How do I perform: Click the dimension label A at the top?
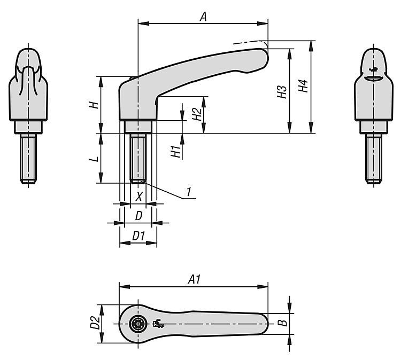(203, 17)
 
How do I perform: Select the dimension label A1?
(195, 279)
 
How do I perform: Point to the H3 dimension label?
(282, 92)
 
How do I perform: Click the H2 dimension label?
(197, 114)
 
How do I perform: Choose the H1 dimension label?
(176, 151)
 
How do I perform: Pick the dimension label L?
(94, 159)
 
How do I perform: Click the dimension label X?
(139, 197)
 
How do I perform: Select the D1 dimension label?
(138, 236)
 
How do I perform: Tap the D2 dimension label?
(94, 323)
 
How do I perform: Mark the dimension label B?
(283, 323)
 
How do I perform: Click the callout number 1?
(189, 192)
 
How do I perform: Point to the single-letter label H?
(94, 105)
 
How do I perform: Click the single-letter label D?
(138, 216)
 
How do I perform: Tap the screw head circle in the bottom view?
(138, 324)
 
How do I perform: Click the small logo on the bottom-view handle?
(158, 324)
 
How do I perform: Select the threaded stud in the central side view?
(138, 158)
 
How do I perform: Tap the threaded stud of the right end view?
(374, 159)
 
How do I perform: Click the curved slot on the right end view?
(373, 78)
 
